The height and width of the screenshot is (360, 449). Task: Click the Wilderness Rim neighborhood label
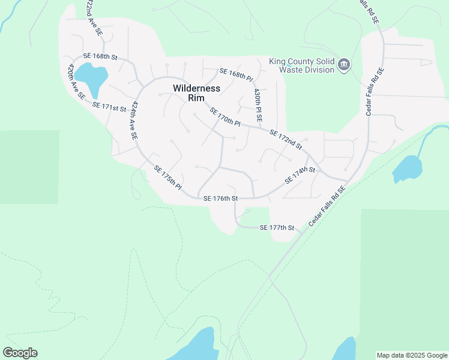point(196,94)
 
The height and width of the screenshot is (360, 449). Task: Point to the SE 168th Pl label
point(237,75)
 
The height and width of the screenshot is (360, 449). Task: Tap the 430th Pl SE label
point(258,103)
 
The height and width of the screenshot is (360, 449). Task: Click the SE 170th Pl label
point(225,117)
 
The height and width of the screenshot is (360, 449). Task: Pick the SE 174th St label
point(300,175)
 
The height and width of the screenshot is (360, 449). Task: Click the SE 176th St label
point(221,198)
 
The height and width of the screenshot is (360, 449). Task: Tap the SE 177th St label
point(277,228)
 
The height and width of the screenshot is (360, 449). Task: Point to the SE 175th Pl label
point(167,178)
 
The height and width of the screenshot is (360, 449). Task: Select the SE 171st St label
point(110,107)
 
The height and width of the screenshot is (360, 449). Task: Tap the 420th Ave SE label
point(77,81)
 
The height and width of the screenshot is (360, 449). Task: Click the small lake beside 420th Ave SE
point(92,76)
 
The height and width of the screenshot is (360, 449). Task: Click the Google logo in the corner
point(20,353)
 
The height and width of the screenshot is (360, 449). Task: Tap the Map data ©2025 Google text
point(412,355)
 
